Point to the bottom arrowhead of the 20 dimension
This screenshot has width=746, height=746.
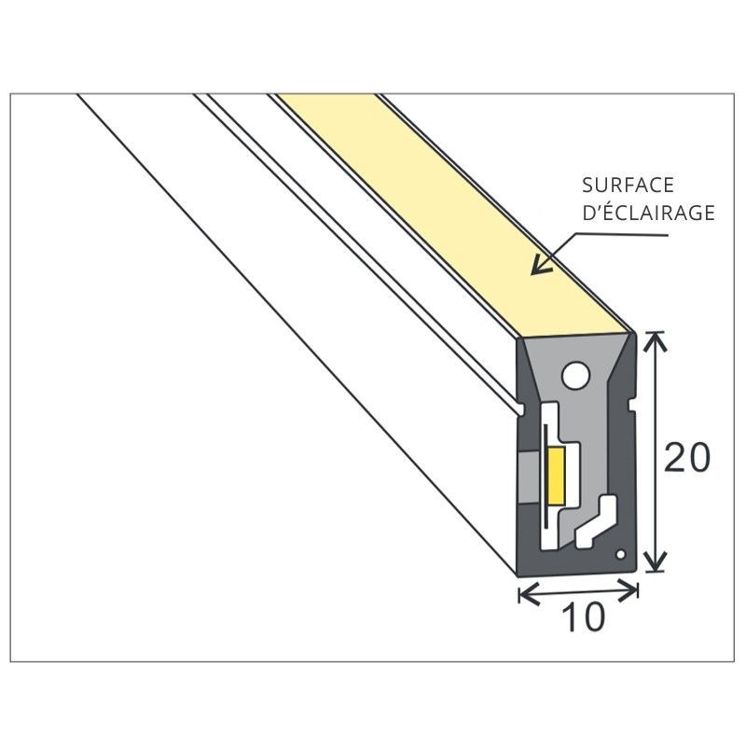click(x=656, y=565)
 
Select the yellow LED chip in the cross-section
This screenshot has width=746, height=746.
click(x=557, y=474)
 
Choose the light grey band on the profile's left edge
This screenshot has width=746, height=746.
click(x=527, y=476)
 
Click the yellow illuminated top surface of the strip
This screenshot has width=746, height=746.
click(x=448, y=205)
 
